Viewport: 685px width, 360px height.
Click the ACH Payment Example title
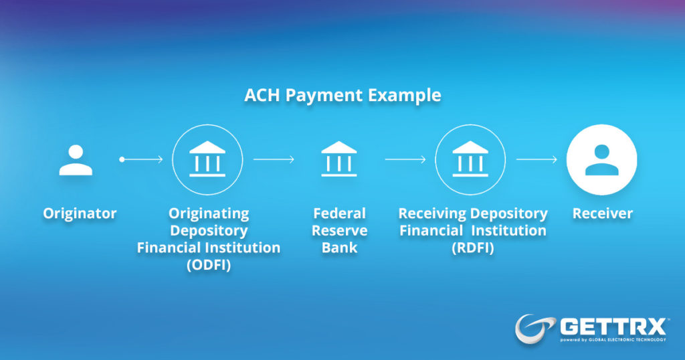[342, 96]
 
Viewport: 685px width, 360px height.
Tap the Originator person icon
[76, 160]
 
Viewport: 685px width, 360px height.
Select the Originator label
[80, 213]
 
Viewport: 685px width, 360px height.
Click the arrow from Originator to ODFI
[141, 159]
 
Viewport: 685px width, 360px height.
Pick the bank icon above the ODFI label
[207, 159]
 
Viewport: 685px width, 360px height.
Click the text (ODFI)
[209, 265]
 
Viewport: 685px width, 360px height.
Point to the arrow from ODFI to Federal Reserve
[274, 159]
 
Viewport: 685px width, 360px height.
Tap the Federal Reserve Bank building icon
[339, 159]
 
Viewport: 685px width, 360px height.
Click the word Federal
[339, 213]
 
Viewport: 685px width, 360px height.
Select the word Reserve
[339, 230]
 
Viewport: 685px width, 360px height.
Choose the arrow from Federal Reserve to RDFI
[405, 159]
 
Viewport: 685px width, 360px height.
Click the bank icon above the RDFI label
[470, 159]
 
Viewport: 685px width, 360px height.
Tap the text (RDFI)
[473, 248]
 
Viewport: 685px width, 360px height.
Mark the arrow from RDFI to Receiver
[537, 159]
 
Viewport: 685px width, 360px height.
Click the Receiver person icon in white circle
[601, 159]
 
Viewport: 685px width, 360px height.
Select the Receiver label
[603, 213]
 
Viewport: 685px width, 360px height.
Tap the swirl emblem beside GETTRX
[534, 329]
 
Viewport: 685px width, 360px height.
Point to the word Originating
[209, 213]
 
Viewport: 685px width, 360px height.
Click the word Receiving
[433, 213]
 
